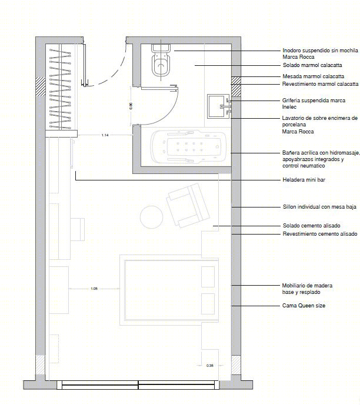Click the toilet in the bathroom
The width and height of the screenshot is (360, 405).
[161, 60]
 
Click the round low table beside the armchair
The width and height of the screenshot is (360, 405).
[152, 217]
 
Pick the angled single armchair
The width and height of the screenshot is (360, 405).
[188, 205]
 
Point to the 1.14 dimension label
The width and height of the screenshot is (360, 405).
[105, 135]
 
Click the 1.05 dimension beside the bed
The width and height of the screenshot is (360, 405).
[94, 289]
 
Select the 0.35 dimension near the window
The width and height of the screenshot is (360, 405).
[210, 366]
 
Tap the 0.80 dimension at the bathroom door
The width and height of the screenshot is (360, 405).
[131, 106]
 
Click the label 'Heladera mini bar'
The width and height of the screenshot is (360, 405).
[304, 180]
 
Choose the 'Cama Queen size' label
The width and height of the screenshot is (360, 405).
[304, 306]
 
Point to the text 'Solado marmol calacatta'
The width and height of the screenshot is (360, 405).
[312, 65]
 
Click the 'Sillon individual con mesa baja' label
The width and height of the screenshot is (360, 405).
[319, 207]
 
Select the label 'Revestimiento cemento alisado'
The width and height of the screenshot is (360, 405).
[320, 234]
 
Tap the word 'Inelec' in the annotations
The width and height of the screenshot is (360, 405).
[289, 107]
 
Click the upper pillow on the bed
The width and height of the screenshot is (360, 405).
[208, 277]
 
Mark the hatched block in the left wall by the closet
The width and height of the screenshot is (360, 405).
[41, 86]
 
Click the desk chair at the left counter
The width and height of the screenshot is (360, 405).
[78, 229]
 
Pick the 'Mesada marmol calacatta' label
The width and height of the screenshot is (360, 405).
[313, 76]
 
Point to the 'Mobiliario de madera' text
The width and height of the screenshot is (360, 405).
[307, 286]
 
